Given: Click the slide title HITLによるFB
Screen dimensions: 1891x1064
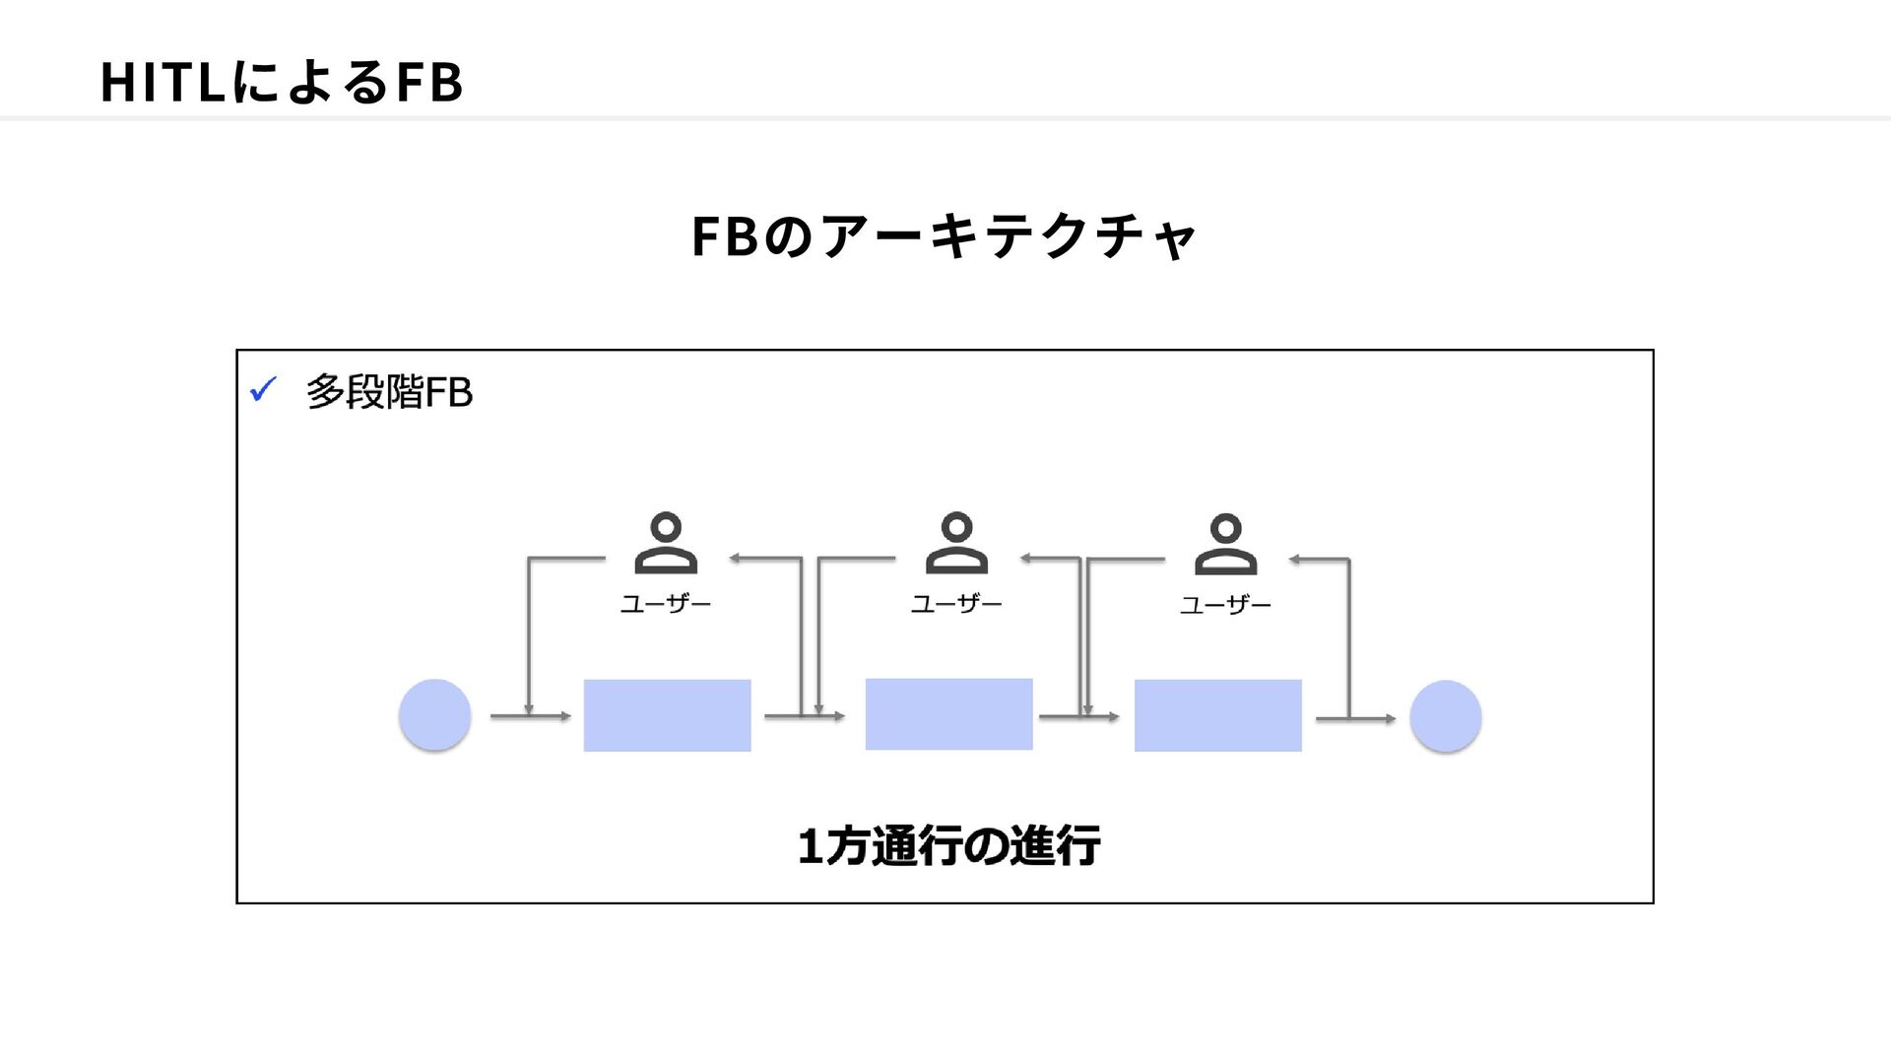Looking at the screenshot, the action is [282, 82].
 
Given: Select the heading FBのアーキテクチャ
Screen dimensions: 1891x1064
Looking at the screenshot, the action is [944, 236].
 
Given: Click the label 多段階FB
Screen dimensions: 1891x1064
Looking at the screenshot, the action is [389, 392].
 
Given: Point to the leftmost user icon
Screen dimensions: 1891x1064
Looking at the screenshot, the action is [666, 543].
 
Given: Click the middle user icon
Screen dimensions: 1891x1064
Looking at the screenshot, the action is [956, 543].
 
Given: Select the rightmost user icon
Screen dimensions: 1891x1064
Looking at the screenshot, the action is [1225, 544].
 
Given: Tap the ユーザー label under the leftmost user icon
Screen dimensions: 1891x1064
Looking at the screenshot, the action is [666, 604].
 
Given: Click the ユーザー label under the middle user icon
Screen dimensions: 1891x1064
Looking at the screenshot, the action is [956, 604].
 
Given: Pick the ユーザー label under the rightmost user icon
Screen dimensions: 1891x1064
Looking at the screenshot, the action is [1225, 605].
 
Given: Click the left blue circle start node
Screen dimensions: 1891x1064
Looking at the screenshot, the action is [434, 715].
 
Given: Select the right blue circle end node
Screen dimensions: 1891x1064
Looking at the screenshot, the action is [1446, 716].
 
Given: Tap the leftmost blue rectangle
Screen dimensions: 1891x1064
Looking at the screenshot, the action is [668, 715].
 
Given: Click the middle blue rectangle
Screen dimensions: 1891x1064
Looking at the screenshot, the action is [949, 714].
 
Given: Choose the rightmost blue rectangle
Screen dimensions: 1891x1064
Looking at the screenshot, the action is [1218, 715].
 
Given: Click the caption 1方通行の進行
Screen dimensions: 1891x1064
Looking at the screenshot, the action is [949, 846].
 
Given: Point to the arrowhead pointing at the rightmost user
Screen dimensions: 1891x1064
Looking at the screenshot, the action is [1294, 560].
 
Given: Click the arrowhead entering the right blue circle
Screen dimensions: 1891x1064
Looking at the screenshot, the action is [1390, 719].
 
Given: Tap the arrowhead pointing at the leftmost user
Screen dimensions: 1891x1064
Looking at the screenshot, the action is [735, 559].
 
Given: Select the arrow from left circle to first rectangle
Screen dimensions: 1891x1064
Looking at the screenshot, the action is [531, 716].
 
